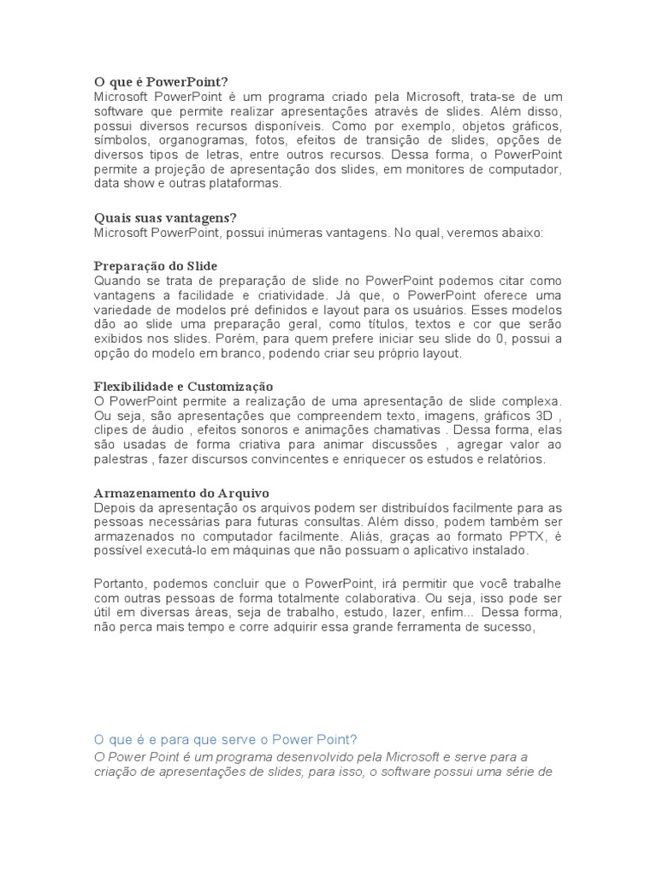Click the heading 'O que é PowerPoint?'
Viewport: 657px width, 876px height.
tap(162, 82)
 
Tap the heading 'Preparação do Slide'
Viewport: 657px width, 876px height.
tap(156, 266)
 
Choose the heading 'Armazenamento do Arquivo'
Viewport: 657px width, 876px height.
tap(181, 494)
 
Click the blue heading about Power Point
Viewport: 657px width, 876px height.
tap(224, 739)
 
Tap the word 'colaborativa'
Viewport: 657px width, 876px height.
tap(387, 599)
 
